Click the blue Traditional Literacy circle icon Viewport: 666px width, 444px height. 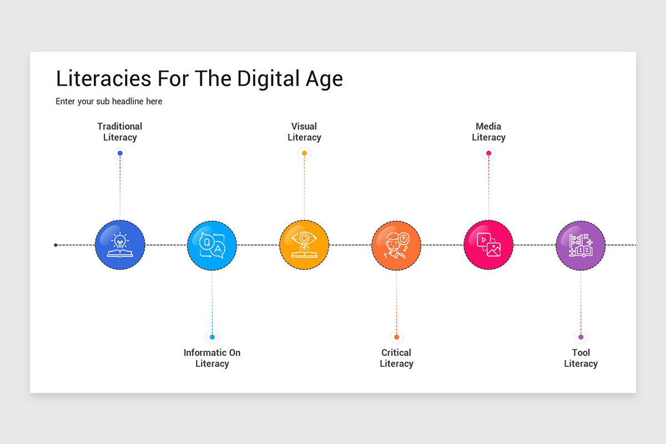pos(120,245)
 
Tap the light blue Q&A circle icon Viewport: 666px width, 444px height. pos(212,245)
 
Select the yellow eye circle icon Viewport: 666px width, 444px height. pos(304,245)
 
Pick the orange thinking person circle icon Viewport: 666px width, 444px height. pos(396,245)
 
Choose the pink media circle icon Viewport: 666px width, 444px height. pos(488,245)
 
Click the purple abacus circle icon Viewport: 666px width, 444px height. pos(581,245)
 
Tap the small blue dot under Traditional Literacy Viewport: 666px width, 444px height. pos(120,153)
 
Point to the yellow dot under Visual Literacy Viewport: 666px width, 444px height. pos(304,153)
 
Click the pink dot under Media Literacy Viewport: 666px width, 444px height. pos(488,153)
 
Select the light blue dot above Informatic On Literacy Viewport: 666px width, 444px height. pos(212,337)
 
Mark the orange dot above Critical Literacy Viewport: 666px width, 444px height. pos(396,337)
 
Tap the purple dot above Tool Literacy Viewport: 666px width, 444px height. pos(581,337)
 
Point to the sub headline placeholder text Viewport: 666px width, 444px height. pos(109,102)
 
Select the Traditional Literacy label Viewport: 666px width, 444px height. pos(120,132)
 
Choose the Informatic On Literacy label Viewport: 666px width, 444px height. pos(212,358)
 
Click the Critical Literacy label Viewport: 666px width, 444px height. pos(396,358)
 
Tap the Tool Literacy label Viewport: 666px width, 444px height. pos(581,358)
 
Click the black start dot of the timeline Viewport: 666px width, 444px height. pos(56,245)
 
